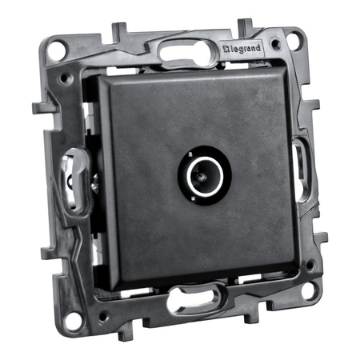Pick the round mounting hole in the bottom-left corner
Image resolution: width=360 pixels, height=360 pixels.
tap(73, 321)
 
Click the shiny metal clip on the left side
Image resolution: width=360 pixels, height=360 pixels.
tap(73, 181)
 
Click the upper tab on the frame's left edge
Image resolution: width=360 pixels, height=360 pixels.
tap(38, 106)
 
